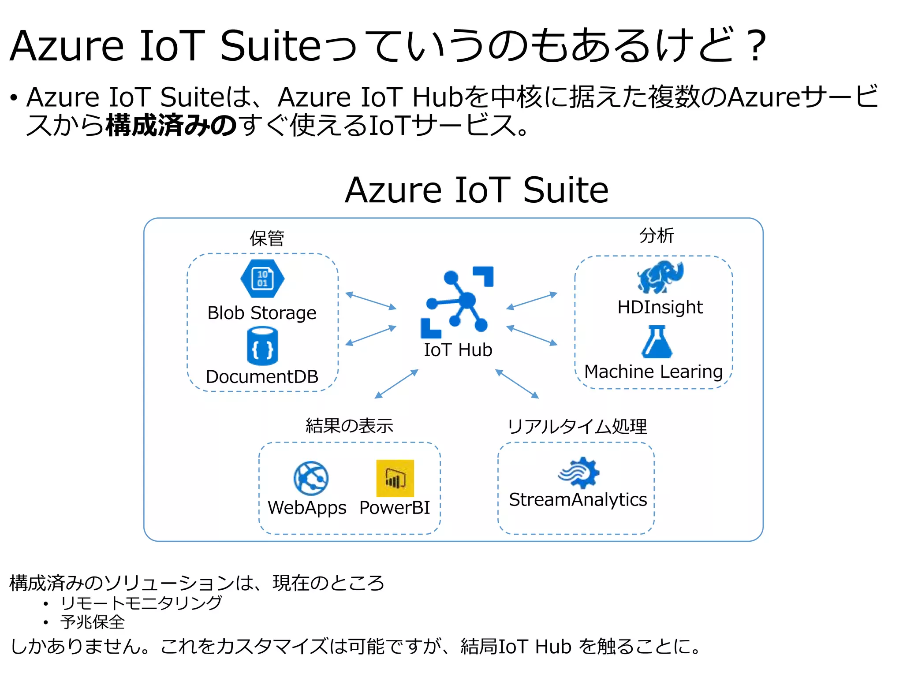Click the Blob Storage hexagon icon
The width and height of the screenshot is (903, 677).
(262, 279)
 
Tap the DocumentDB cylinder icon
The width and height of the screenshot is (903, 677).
(262, 346)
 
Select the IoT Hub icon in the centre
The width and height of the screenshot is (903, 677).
(457, 302)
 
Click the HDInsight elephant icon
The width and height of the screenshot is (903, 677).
(660, 277)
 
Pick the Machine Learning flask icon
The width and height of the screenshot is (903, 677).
(657, 342)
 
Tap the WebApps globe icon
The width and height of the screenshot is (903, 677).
(311, 478)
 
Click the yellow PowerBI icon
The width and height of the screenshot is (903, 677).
(395, 478)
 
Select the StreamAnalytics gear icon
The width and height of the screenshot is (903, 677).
(579, 472)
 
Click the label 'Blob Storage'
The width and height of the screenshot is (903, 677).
(262, 313)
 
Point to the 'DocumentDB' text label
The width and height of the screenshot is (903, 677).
(262, 377)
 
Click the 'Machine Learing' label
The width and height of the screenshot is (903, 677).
(653, 372)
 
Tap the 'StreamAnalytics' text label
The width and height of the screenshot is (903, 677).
(578, 500)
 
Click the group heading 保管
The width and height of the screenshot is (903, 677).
(267, 238)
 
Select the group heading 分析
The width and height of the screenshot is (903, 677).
(657, 235)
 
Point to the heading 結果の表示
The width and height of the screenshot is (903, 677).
(349, 426)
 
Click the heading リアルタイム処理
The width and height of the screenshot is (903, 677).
(577, 426)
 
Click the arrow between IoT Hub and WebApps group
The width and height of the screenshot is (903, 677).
(396, 384)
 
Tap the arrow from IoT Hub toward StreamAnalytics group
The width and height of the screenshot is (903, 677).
(517, 384)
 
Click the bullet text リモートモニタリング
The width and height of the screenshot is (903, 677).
(141, 603)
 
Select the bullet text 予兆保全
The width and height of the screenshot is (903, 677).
(93, 622)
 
